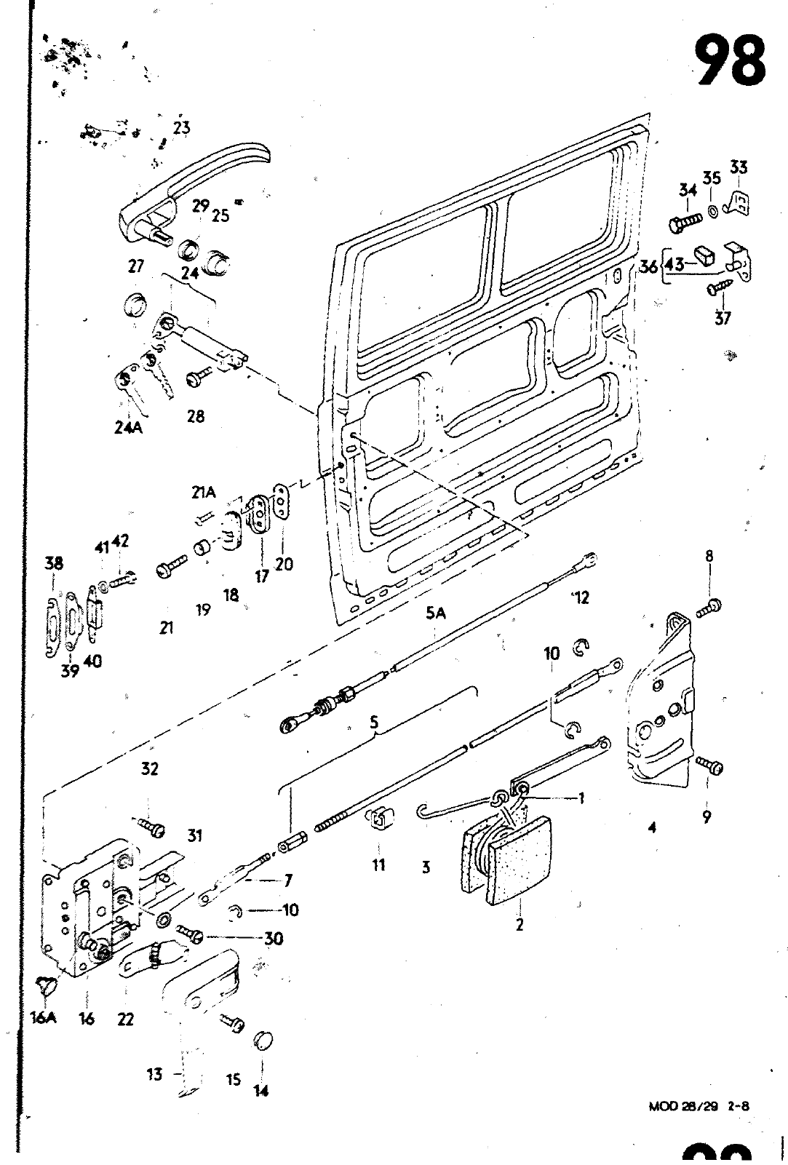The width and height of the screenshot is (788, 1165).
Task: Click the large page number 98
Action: pyautogui.click(x=729, y=62)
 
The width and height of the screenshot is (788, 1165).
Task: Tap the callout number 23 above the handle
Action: pyautogui.click(x=181, y=128)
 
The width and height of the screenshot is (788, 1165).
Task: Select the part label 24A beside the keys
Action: pyautogui.click(x=128, y=428)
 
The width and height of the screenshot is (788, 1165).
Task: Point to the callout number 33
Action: pyautogui.click(x=738, y=168)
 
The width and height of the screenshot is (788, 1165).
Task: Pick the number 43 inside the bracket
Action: pyautogui.click(x=674, y=265)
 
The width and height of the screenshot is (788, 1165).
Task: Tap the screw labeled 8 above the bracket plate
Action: pyautogui.click(x=709, y=607)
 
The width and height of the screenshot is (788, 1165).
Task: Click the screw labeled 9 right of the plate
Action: pyautogui.click(x=710, y=766)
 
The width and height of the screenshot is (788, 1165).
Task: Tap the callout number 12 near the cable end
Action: pyautogui.click(x=580, y=597)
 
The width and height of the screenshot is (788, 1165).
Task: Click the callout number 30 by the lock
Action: pyautogui.click(x=274, y=939)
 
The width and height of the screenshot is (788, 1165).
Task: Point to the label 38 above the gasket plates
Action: pyautogui.click(x=54, y=563)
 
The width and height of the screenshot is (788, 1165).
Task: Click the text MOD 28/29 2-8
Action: pyautogui.click(x=699, y=1107)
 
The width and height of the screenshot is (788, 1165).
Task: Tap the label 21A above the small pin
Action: pyautogui.click(x=204, y=493)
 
